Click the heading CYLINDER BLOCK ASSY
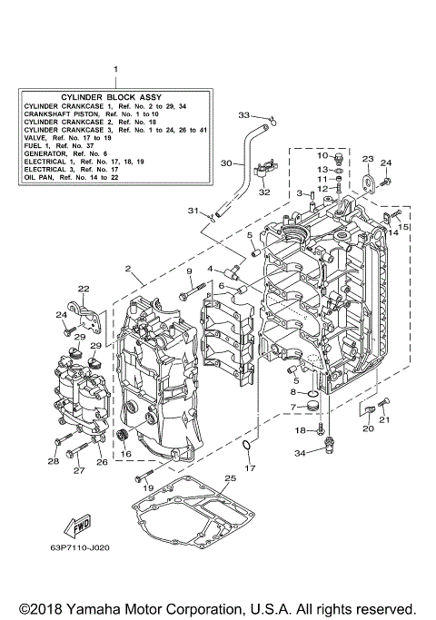tap(115, 96)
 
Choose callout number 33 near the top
tap(244, 114)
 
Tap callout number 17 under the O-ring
tap(252, 467)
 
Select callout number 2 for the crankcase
tap(129, 269)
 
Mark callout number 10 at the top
tap(322, 156)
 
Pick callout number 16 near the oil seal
tap(126, 453)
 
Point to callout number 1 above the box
tap(115, 70)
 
